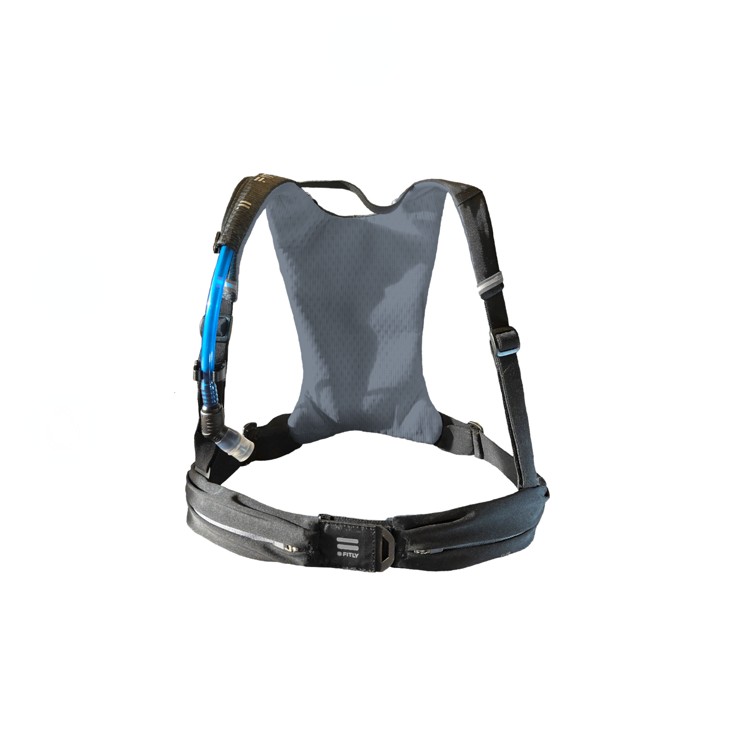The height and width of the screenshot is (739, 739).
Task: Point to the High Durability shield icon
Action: (638, 309)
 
